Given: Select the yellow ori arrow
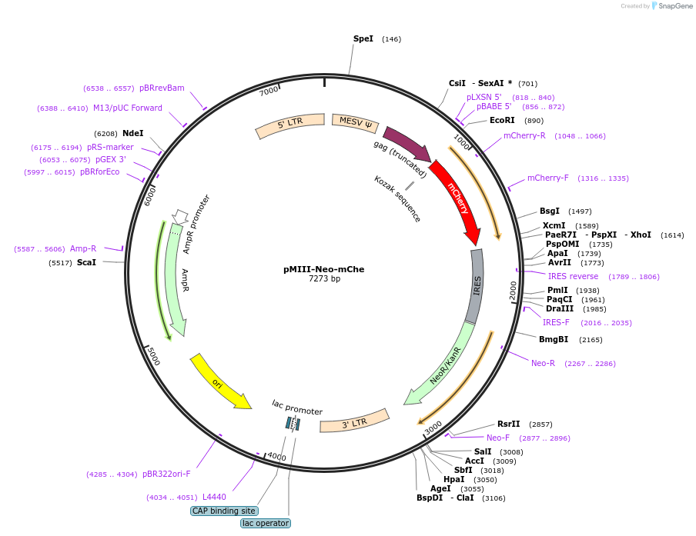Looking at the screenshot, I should click(219, 381).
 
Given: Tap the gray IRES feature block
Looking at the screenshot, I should click(476, 285).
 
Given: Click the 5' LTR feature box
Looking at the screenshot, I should click(290, 122).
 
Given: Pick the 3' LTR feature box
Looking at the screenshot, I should click(355, 421).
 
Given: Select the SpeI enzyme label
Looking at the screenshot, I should click(363, 38).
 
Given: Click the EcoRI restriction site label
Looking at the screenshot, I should click(502, 120).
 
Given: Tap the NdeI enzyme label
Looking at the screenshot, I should click(132, 133).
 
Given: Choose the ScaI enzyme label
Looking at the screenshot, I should click(86, 262).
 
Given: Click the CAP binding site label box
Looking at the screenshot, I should click(224, 511).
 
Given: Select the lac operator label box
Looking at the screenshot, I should click(266, 523).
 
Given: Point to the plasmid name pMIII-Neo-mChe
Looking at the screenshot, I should click(324, 269).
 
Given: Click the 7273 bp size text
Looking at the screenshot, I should click(324, 279).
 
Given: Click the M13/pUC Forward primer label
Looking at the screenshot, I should click(128, 108).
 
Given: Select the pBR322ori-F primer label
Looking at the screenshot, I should click(166, 474).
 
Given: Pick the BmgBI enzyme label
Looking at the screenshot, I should click(554, 339).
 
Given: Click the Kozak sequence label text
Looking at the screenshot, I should click(397, 199).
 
